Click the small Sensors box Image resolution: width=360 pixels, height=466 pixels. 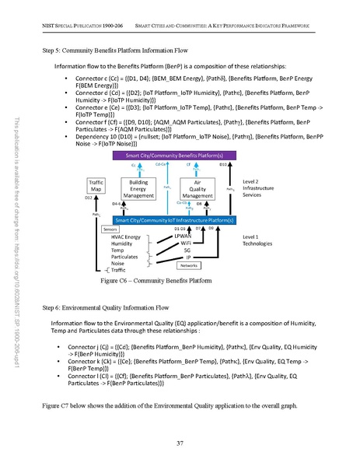110,229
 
